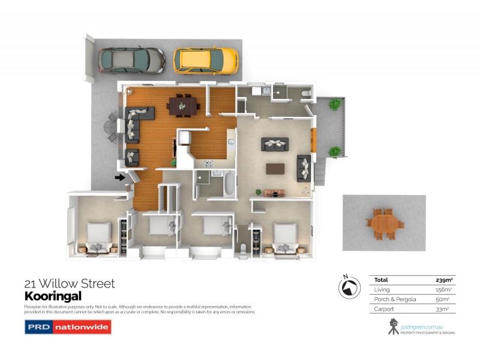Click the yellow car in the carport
(206, 59)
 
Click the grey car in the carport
(131, 60)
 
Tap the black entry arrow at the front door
(120, 177)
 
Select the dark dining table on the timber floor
(184, 106)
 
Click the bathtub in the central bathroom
(230, 184)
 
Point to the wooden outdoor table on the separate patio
(384, 224)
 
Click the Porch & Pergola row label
(395, 299)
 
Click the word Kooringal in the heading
(52, 296)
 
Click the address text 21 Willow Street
(69, 284)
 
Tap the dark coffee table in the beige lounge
(275, 168)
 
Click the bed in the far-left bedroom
(99, 236)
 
